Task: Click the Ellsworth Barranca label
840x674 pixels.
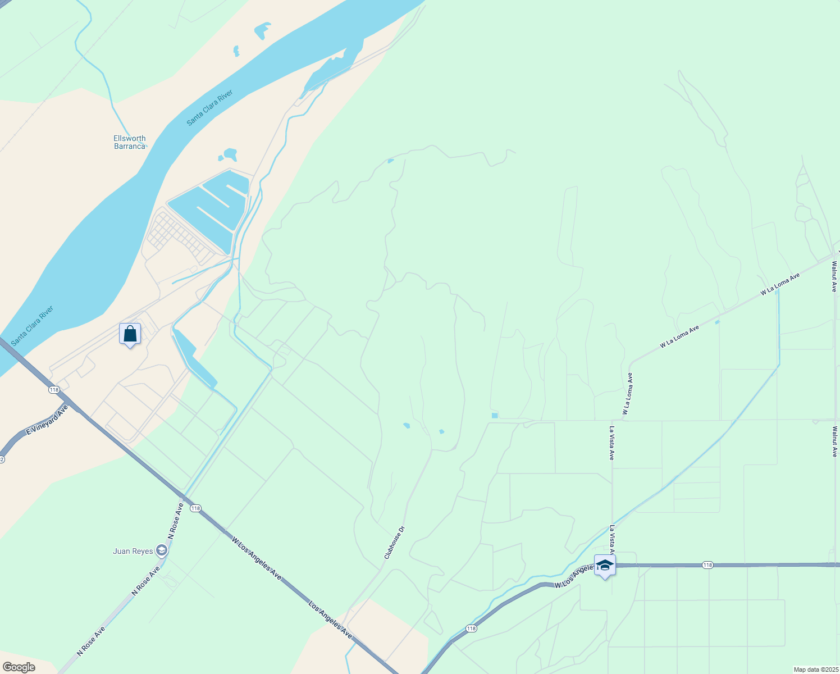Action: [130, 142]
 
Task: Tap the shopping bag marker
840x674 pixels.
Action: [130, 334]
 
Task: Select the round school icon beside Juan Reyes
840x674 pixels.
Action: [162, 550]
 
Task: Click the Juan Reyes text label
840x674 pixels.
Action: [133, 551]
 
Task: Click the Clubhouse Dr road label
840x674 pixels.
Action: [394, 542]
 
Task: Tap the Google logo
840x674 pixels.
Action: [19, 667]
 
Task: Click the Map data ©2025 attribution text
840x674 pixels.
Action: [815, 670]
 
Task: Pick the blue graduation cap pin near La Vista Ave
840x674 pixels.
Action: [605, 566]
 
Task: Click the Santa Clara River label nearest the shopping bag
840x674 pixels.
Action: [33, 326]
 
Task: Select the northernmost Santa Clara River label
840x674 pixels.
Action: [209, 108]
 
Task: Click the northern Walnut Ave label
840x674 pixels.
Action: [834, 275]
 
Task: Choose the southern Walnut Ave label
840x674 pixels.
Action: [834, 441]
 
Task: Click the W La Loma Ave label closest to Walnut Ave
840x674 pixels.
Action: [780, 285]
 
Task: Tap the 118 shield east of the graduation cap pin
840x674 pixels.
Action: [707, 565]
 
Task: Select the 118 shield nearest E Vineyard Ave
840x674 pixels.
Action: [54, 390]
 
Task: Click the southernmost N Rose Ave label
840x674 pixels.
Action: [91, 641]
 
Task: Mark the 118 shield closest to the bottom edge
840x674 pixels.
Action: [471, 629]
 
